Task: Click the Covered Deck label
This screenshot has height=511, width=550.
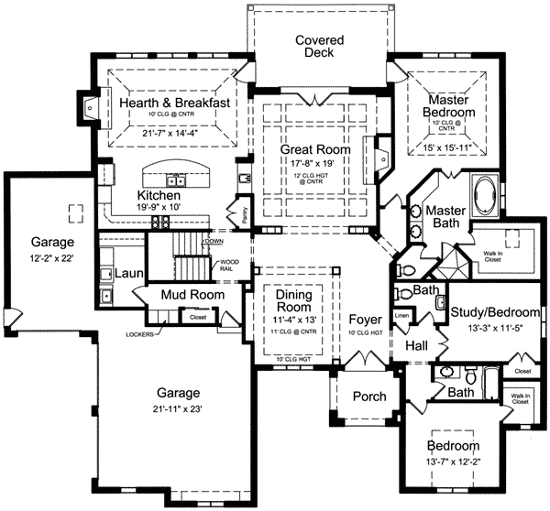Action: (319, 47)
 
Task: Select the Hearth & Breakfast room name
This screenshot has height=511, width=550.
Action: (174, 103)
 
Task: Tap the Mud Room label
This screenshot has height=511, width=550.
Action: (168, 296)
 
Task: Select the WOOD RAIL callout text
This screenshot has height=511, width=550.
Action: (229, 266)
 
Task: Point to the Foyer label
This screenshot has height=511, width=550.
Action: (366, 320)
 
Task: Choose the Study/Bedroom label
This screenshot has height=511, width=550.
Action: (496, 313)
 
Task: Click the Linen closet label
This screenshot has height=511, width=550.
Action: (401, 316)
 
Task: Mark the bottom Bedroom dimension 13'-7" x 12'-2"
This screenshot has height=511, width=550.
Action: (455, 464)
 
